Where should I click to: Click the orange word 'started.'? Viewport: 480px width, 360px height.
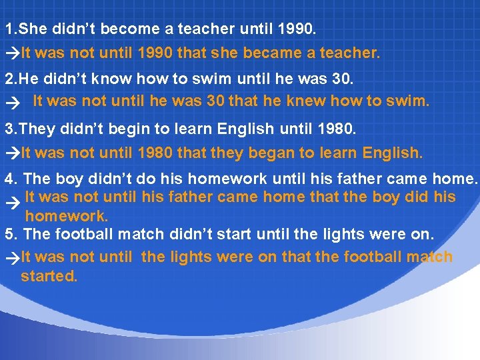(x=49, y=276)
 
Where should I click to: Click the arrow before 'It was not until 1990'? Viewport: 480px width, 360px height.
(x=12, y=53)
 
